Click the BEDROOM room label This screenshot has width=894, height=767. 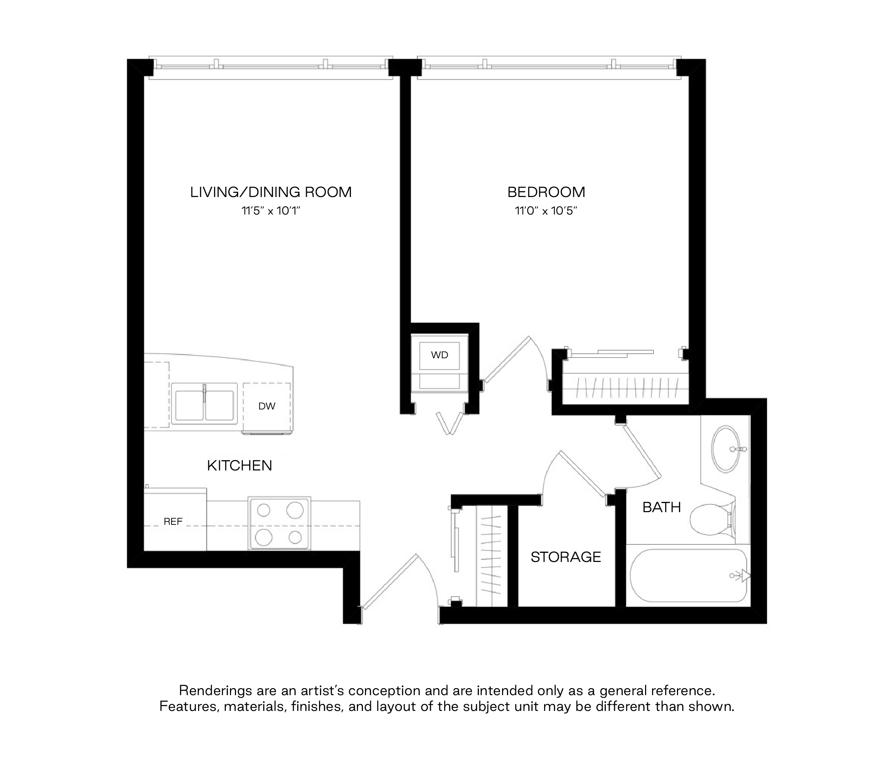coord(546,192)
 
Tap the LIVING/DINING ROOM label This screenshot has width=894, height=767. coord(271,192)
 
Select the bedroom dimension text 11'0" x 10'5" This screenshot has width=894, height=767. coord(546,211)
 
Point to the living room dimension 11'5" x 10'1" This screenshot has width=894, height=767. coord(271,211)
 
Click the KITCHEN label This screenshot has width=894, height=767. coord(239,466)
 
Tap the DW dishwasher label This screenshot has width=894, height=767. coord(267,406)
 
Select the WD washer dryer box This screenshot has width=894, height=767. coord(440,355)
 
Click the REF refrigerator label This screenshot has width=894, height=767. coord(173,522)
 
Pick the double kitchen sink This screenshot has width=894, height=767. coord(204,403)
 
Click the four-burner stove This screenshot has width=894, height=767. coord(279,523)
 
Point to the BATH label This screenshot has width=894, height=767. coord(662,507)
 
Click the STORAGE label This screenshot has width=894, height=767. coord(565,557)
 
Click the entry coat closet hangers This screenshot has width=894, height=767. coord(492,556)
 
